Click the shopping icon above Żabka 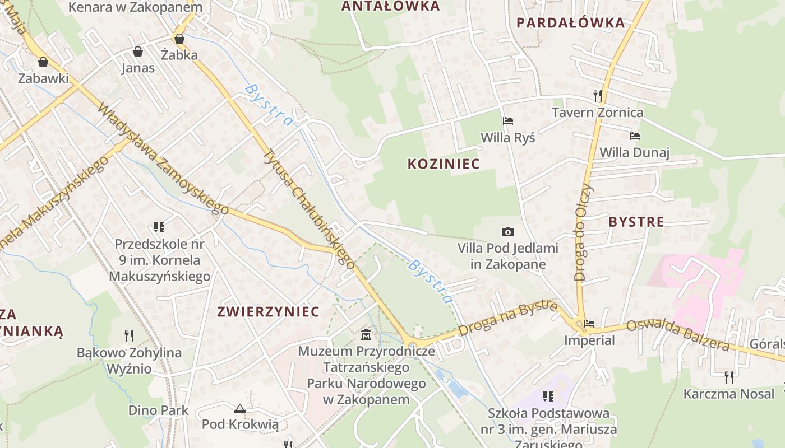tap(179, 39)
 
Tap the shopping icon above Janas tap(138, 52)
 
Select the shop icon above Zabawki tap(43, 62)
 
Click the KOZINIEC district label tap(444, 164)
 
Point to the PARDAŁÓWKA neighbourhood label tap(570, 23)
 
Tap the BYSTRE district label tap(636, 222)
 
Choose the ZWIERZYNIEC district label tap(268, 312)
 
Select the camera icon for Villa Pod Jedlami tap(507, 232)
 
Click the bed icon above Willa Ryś tap(508, 121)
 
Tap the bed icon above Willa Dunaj tap(635, 136)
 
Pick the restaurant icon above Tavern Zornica tap(598, 96)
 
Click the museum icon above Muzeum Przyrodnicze tap(366, 335)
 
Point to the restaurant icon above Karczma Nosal tap(728, 377)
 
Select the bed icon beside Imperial tap(589, 324)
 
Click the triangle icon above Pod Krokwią tap(240, 408)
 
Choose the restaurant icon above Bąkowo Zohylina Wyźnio tap(129, 336)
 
